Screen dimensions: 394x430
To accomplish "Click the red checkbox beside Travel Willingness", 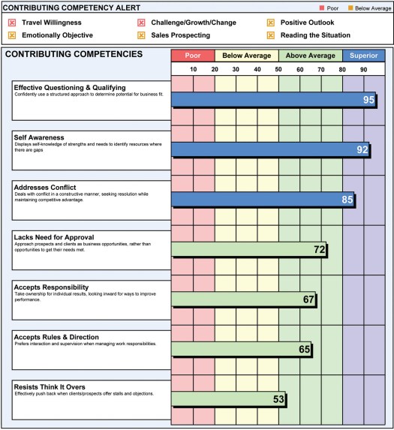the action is point(12,23).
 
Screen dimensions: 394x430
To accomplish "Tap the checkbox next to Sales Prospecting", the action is point(141,35).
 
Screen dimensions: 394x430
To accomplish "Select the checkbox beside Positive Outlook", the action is point(271,23).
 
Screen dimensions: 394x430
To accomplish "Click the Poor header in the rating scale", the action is point(193,56).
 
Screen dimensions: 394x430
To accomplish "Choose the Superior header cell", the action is point(363,56).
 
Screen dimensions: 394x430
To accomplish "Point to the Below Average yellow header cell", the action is point(247,56).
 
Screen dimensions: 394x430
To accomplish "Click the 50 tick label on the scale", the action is point(278,69).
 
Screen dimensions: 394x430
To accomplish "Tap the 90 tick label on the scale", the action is point(363,69).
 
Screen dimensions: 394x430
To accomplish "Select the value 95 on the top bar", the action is point(368,100).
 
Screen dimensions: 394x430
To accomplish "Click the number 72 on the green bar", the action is point(320,249).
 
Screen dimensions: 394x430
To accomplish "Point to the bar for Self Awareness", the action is point(271,149).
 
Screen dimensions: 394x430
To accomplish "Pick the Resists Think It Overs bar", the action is point(229,399).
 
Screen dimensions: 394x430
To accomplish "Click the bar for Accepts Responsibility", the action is point(244,299).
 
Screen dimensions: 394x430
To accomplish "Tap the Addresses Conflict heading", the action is point(45,188).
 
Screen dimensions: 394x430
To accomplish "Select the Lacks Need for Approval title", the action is point(54,237).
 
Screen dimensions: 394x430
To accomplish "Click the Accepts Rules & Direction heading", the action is point(56,337).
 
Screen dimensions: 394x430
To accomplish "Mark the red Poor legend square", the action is point(322,8).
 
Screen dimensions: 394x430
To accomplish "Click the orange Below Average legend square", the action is point(350,8).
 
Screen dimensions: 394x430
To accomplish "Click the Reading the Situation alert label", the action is point(315,35).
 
